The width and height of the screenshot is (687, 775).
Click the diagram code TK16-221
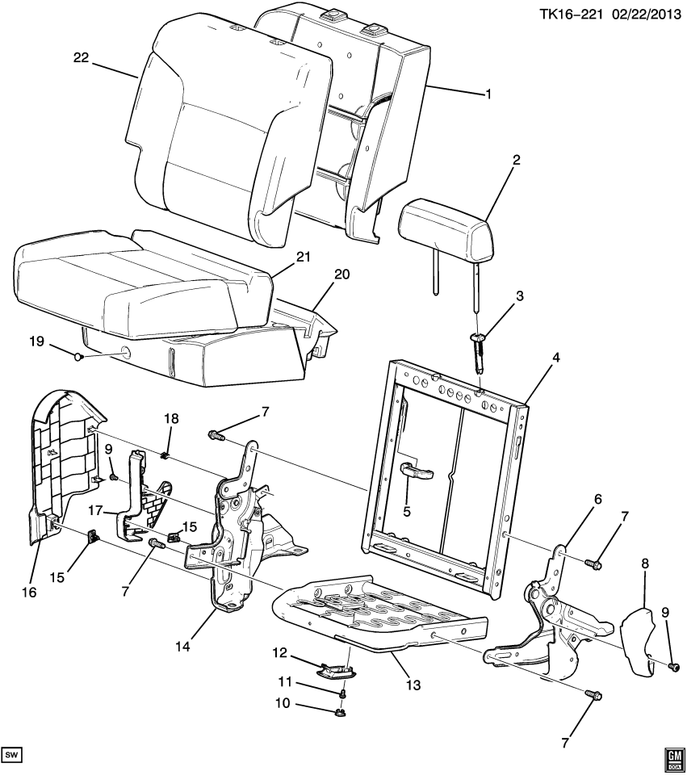(x=571, y=14)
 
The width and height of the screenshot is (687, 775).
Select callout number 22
(x=81, y=58)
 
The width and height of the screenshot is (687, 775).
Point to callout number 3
(x=519, y=296)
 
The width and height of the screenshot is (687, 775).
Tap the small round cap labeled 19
(x=77, y=356)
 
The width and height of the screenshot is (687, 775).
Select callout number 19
(x=36, y=341)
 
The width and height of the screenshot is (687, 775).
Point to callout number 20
(x=341, y=274)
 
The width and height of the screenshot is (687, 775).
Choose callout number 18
(x=171, y=419)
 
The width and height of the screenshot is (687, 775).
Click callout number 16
(x=30, y=592)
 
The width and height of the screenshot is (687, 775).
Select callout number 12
(x=279, y=653)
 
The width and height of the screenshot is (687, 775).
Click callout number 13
(x=413, y=685)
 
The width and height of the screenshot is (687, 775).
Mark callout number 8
(x=645, y=563)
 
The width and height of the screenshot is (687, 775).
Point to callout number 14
(x=182, y=647)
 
